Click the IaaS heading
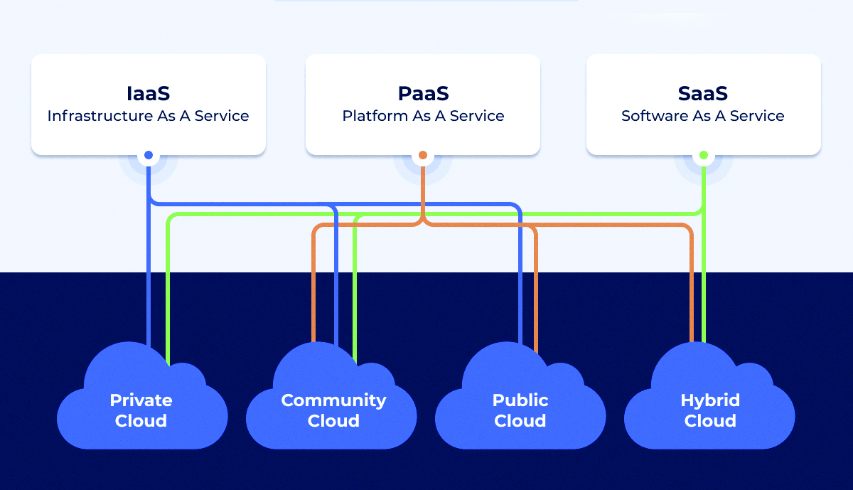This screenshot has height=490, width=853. click(x=148, y=94)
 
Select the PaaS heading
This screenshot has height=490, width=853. click(x=423, y=94)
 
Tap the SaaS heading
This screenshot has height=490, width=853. click(x=703, y=94)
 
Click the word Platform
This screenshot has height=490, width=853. click(x=375, y=116)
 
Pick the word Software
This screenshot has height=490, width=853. click(x=653, y=116)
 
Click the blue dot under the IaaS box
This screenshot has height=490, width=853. click(x=149, y=155)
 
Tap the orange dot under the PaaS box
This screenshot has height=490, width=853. click(x=423, y=155)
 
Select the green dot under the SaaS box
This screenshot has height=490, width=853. click(x=704, y=155)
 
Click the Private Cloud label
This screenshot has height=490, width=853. click(x=141, y=410)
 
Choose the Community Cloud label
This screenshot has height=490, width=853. click(x=333, y=410)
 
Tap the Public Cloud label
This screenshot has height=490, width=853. click(x=520, y=410)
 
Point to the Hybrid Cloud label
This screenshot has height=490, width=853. click(x=710, y=410)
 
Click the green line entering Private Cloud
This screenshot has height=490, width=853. click(x=168, y=299)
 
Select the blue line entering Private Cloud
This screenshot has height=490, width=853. click(x=149, y=299)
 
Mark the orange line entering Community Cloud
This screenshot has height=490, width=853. click(x=313, y=299)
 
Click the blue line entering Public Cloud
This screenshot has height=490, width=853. click(x=520, y=299)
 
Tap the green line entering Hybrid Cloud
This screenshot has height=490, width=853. click(x=704, y=299)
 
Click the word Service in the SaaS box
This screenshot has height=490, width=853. click(x=757, y=116)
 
